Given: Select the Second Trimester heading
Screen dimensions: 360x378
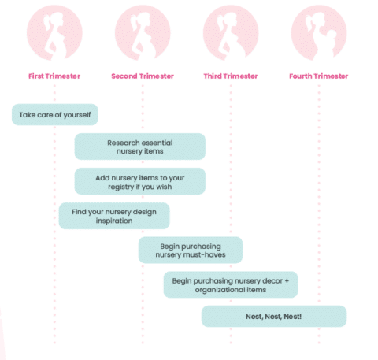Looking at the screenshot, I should tap(143, 76).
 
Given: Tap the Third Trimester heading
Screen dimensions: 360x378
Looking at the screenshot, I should tap(231, 76).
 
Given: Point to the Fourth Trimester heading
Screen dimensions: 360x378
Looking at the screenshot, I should tap(319, 76).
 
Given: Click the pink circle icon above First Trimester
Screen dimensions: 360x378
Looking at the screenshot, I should tap(55, 32).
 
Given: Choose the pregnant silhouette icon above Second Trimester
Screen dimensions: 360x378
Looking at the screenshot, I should tap(143, 32).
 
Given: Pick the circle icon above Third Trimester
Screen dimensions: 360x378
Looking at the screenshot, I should tap(231, 32).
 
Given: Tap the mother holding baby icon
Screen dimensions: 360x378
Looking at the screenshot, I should tap(319, 32).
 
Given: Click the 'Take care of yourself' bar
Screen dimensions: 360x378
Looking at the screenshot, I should tap(55, 114).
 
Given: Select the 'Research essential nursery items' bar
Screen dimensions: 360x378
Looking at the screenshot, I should tap(140, 147).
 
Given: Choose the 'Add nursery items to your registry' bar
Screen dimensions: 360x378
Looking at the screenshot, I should tap(140, 181).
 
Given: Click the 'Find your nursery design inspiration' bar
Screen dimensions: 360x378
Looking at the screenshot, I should tap(114, 216).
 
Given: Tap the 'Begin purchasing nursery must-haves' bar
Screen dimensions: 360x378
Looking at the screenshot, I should tap(191, 250).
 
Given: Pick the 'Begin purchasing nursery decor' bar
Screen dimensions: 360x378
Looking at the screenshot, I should tap(231, 284).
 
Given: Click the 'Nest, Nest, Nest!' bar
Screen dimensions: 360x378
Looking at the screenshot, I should tap(274, 316).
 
